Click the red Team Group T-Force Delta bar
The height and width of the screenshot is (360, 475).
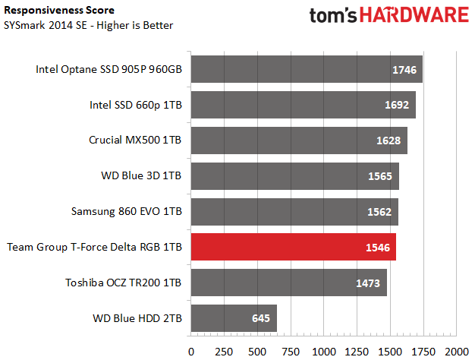[x=293, y=247]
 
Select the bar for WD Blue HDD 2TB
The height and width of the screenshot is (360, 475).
[x=234, y=318]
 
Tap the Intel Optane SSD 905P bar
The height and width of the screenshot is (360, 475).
[x=307, y=69]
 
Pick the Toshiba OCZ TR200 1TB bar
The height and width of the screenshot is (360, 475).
[x=288, y=283]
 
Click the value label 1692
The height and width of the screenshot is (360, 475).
[x=397, y=105]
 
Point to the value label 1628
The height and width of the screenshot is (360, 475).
[x=388, y=141]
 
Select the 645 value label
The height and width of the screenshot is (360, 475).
[x=261, y=318]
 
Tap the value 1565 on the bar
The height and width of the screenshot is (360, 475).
[x=380, y=176]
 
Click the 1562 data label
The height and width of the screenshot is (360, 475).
[x=379, y=212]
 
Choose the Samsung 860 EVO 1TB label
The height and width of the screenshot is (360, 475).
[x=126, y=211]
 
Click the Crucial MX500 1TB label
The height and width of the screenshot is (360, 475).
[x=135, y=140]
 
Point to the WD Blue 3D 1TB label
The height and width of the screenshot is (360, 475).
[x=141, y=175]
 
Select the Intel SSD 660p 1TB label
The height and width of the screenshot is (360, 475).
[x=135, y=105]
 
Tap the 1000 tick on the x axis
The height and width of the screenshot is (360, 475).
[x=324, y=352]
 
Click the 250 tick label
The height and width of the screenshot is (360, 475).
[x=224, y=352]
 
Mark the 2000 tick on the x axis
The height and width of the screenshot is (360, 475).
[x=457, y=352]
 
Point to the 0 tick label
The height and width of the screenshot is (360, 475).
[x=191, y=352]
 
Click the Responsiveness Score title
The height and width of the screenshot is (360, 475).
[x=59, y=11]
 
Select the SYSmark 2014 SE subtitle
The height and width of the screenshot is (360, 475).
[x=89, y=25]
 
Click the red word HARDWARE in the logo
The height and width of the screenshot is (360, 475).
[x=414, y=15]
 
